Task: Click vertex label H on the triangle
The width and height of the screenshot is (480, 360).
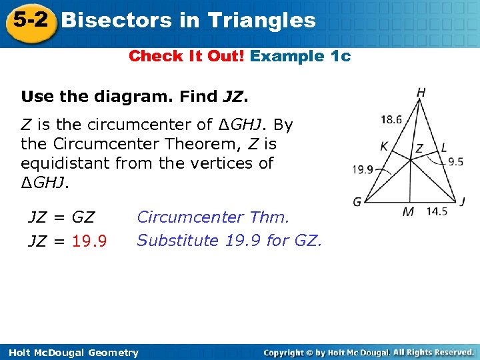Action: tap(421, 93)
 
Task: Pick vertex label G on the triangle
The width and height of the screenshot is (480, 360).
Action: tap(357, 202)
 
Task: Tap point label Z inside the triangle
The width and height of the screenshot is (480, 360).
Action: tap(419, 149)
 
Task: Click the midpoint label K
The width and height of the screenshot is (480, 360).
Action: tap(385, 147)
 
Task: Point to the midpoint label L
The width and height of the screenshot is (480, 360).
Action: tap(444, 148)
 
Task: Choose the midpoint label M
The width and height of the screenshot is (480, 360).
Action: tap(408, 212)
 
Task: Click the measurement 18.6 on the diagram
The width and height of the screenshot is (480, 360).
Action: tap(391, 120)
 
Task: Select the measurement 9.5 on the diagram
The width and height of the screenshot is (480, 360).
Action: tap(455, 161)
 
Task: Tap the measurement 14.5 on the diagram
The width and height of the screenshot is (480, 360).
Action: tap(437, 211)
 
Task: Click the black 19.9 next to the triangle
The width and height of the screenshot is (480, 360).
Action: tap(363, 170)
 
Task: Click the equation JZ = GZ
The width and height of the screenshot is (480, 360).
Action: tap(61, 217)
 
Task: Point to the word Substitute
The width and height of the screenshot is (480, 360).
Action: tap(178, 240)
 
